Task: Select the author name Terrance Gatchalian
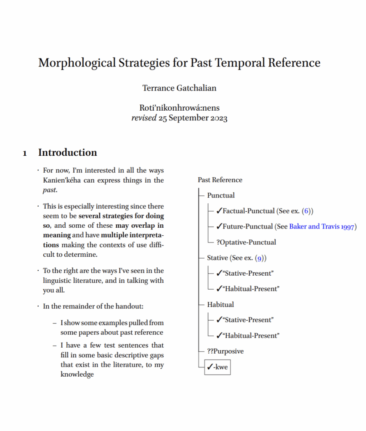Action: pos(179,88)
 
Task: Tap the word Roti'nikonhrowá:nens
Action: pos(179,108)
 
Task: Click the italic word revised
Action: pos(144,118)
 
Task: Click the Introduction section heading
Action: pos(68,152)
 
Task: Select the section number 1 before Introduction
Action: pos(25,153)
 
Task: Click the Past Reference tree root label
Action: pos(220,180)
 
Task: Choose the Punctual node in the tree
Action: pos(221,195)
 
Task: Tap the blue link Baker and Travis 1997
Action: pos(323,226)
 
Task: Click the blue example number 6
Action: pos(306,211)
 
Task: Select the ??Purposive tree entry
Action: pos(225,351)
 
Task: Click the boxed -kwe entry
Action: pos(217,367)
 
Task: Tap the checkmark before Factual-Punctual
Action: pos(219,211)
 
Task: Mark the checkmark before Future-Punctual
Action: pos(219,226)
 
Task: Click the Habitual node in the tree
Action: pos(220,304)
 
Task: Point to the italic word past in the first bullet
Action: pos(50,190)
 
